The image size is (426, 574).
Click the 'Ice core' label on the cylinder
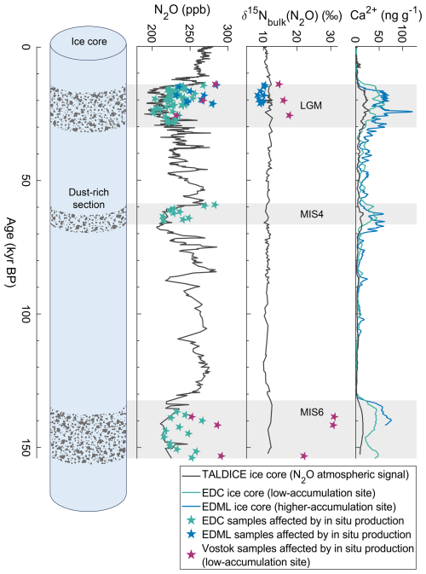[x=89, y=42]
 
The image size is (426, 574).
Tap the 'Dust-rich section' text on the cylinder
[x=89, y=199]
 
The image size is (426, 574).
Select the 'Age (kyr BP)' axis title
[x=11, y=252]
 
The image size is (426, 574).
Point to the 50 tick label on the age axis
[x=25, y=180]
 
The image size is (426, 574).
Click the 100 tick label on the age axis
[x=25, y=314]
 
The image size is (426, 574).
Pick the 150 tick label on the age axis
[x=25, y=447]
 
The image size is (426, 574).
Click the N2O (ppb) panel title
[x=182, y=10]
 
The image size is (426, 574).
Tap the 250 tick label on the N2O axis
[x=189, y=29]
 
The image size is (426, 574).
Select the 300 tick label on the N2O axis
[x=227, y=29]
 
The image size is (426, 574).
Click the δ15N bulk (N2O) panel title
[x=291, y=15]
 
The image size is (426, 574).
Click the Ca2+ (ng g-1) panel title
[x=386, y=15]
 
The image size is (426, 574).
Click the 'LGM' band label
[x=311, y=106]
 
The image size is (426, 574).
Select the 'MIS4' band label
[x=312, y=214]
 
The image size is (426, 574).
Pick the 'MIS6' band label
[x=312, y=413]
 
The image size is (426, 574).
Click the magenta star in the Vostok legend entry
[x=191, y=555]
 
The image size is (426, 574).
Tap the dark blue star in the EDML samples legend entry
[x=191, y=535]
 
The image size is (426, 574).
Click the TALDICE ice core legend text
[x=305, y=475]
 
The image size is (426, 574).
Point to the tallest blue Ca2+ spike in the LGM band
[x=412, y=112]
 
